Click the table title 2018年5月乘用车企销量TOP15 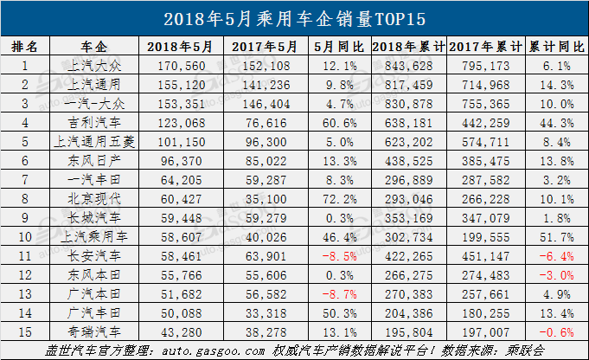point(294,17)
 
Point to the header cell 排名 point(25,46)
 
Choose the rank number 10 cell point(25,237)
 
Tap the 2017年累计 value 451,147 point(481,256)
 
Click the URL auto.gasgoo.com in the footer point(221,351)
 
